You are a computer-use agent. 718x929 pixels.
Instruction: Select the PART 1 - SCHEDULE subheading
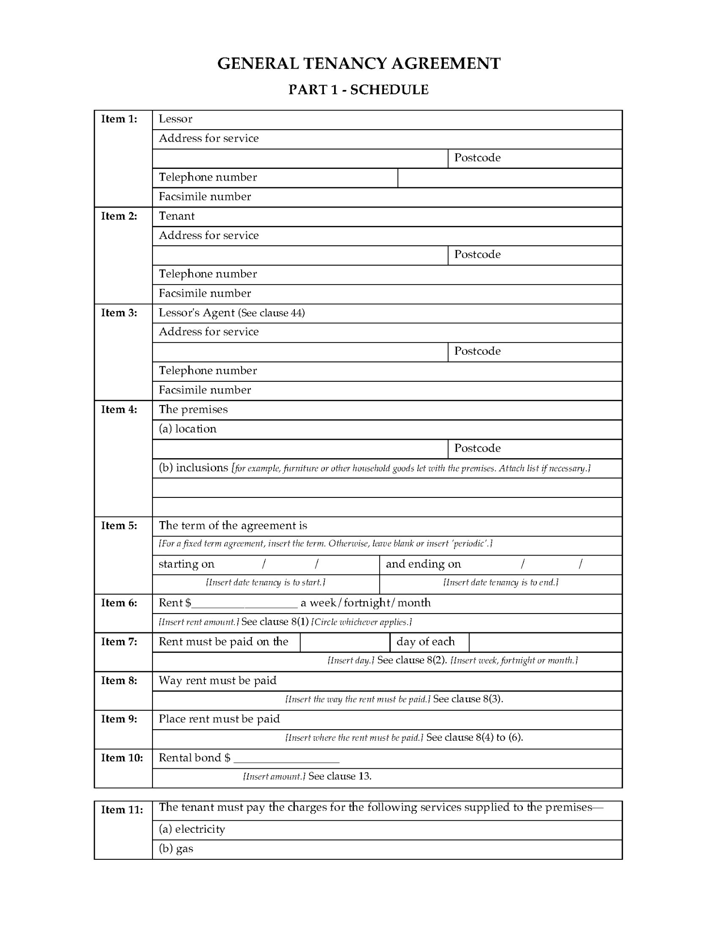pyautogui.click(x=358, y=90)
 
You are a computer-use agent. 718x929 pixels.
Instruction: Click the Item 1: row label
pyautogui.click(x=119, y=119)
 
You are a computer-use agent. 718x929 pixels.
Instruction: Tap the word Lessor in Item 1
pyautogui.click(x=175, y=119)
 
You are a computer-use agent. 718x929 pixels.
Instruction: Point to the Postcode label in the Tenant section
pyautogui.click(x=477, y=255)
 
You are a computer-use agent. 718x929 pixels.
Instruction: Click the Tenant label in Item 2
pyautogui.click(x=177, y=216)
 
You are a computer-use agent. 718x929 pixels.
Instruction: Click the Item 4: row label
pyautogui.click(x=119, y=410)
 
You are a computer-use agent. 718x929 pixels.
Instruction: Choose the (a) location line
pyautogui.click(x=187, y=429)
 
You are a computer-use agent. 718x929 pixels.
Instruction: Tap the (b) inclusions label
pyautogui.click(x=193, y=468)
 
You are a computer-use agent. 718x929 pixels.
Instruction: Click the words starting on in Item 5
pyautogui.click(x=186, y=564)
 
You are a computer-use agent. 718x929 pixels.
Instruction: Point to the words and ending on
pyautogui.click(x=423, y=564)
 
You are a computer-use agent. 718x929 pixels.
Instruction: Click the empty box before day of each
pyautogui.click(x=345, y=642)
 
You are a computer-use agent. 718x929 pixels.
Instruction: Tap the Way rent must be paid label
pyautogui.click(x=217, y=681)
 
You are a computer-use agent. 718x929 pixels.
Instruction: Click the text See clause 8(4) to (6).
pyautogui.click(x=474, y=737)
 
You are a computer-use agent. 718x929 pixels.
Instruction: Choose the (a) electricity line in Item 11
pyautogui.click(x=192, y=829)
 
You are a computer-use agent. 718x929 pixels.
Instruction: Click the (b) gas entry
pyautogui.click(x=176, y=849)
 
